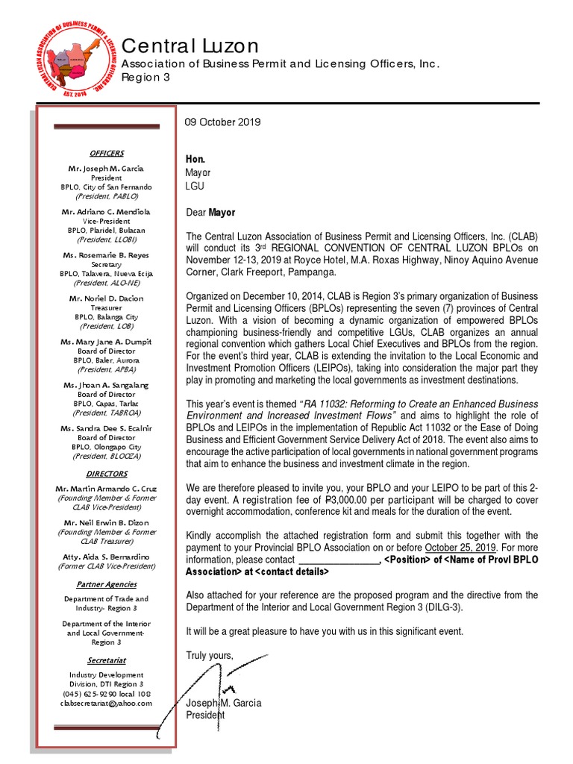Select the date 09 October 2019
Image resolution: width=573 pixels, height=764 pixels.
click(223, 122)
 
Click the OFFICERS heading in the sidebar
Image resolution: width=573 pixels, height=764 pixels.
click(106, 153)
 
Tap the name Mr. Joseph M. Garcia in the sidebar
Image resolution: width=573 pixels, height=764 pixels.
click(106, 169)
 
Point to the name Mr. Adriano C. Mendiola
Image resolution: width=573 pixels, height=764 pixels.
click(106, 213)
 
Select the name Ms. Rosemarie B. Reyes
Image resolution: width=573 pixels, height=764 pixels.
click(106, 256)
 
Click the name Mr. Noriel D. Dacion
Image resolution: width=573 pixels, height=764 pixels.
click(106, 298)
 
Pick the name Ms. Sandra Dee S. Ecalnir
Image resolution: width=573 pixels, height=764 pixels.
click(106, 428)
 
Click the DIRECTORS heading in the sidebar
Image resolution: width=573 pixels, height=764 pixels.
click(106, 474)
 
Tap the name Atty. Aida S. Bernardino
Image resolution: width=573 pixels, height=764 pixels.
click(106, 557)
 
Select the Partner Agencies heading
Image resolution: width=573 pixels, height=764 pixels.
click(106, 584)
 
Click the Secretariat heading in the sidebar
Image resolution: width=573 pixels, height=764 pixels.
click(106, 660)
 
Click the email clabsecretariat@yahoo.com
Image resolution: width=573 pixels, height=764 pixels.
click(106, 703)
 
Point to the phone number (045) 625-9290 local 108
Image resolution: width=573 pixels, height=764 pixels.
click(106, 693)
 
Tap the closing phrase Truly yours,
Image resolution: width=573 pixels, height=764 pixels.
click(210, 656)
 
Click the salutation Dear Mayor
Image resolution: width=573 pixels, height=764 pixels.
click(210, 213)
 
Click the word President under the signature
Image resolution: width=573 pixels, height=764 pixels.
click(205, 715)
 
